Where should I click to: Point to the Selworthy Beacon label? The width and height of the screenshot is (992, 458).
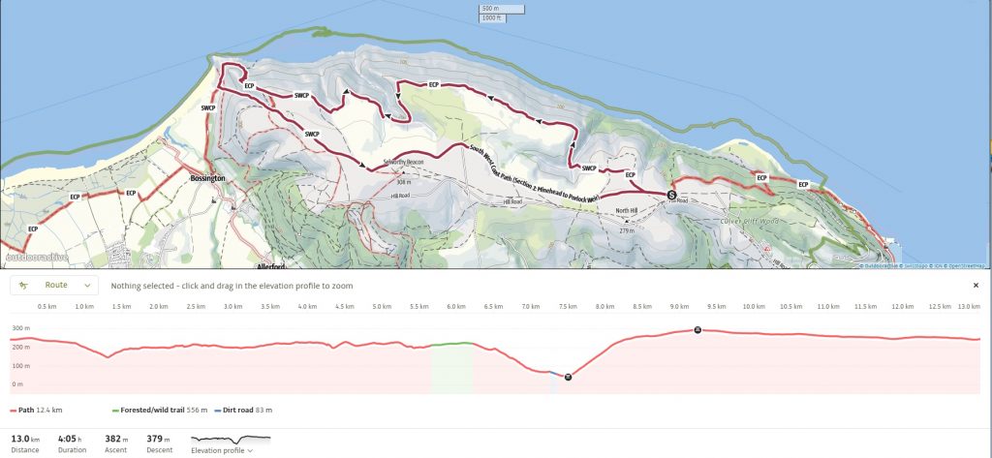tap(404, 162)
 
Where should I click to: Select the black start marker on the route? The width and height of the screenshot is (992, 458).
tap(671, 195)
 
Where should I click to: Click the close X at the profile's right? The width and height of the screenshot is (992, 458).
tap(976, 286)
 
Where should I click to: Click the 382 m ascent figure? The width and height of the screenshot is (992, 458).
tap(117, 439)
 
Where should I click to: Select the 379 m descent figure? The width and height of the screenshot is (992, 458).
tap(159, 439)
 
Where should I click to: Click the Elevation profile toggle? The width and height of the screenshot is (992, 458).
tap(222, 450)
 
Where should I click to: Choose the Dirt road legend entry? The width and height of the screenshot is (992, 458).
tap(243, 410)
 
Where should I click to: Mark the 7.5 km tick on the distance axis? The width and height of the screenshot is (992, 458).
tap(567, 307)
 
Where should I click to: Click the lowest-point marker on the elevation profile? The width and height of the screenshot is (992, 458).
tap(568, 377)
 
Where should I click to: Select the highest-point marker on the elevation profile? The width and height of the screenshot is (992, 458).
tap(697, 330)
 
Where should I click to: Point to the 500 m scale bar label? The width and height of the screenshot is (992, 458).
tap(491, 9)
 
